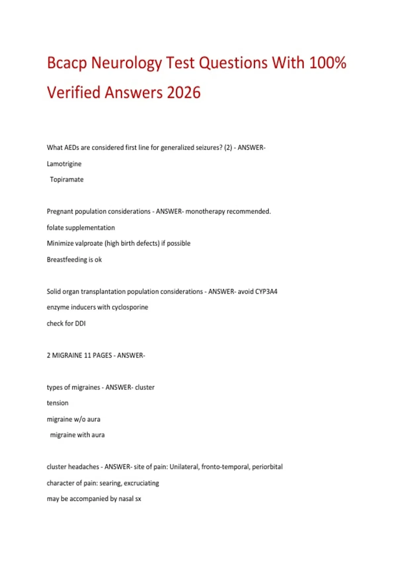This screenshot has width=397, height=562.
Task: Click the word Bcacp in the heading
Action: tap(67, 63)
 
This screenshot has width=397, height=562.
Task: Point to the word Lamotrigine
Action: tap(64, 164)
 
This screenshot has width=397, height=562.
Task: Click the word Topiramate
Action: tap(66, 180)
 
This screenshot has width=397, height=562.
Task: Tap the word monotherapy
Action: tap(205, 212)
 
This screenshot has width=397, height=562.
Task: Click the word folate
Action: tap(55, 227)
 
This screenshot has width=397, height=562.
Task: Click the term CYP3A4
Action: tap(266, 292)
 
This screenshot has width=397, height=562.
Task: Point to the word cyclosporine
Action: tap(130, 307)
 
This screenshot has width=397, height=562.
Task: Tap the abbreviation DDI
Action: tap(80, 323)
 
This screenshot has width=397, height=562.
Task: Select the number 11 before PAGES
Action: tap(87, 355)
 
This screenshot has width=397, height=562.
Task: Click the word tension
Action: tap(58, 403)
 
